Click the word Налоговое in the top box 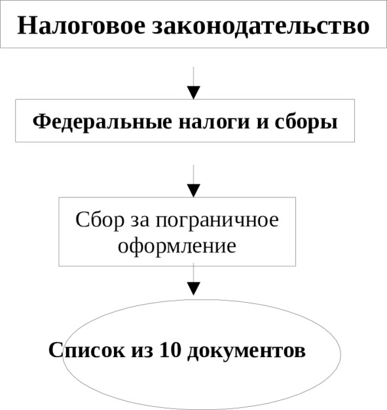(81, 26)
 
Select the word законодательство (261, 27)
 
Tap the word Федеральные (102, 122)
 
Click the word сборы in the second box (306, 123)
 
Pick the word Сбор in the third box (100, 220)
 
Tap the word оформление (177, 247)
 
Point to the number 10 (170, 350)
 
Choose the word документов (247, 351)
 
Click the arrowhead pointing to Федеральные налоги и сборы (194, 93)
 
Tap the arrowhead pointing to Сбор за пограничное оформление (194, 191)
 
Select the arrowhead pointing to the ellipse (194, 288)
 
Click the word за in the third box (140, 222)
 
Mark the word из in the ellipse (142, 351)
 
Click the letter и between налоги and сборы (263, 123)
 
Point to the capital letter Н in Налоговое (26, 26)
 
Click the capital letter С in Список (56, 350)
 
